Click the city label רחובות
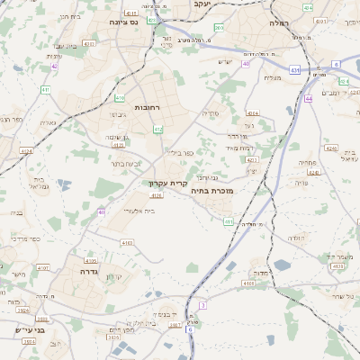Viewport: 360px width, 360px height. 147,107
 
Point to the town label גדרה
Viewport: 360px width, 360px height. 88,272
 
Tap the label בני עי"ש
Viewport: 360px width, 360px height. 30,329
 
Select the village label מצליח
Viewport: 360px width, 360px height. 274,78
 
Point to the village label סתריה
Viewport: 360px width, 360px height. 211,113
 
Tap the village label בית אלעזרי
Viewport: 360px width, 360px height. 138,210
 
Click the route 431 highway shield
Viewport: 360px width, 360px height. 294,69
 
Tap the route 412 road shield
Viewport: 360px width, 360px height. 158,130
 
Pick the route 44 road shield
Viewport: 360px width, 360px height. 308,99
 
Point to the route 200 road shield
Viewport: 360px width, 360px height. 219,28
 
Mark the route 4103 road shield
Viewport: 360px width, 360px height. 127,243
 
